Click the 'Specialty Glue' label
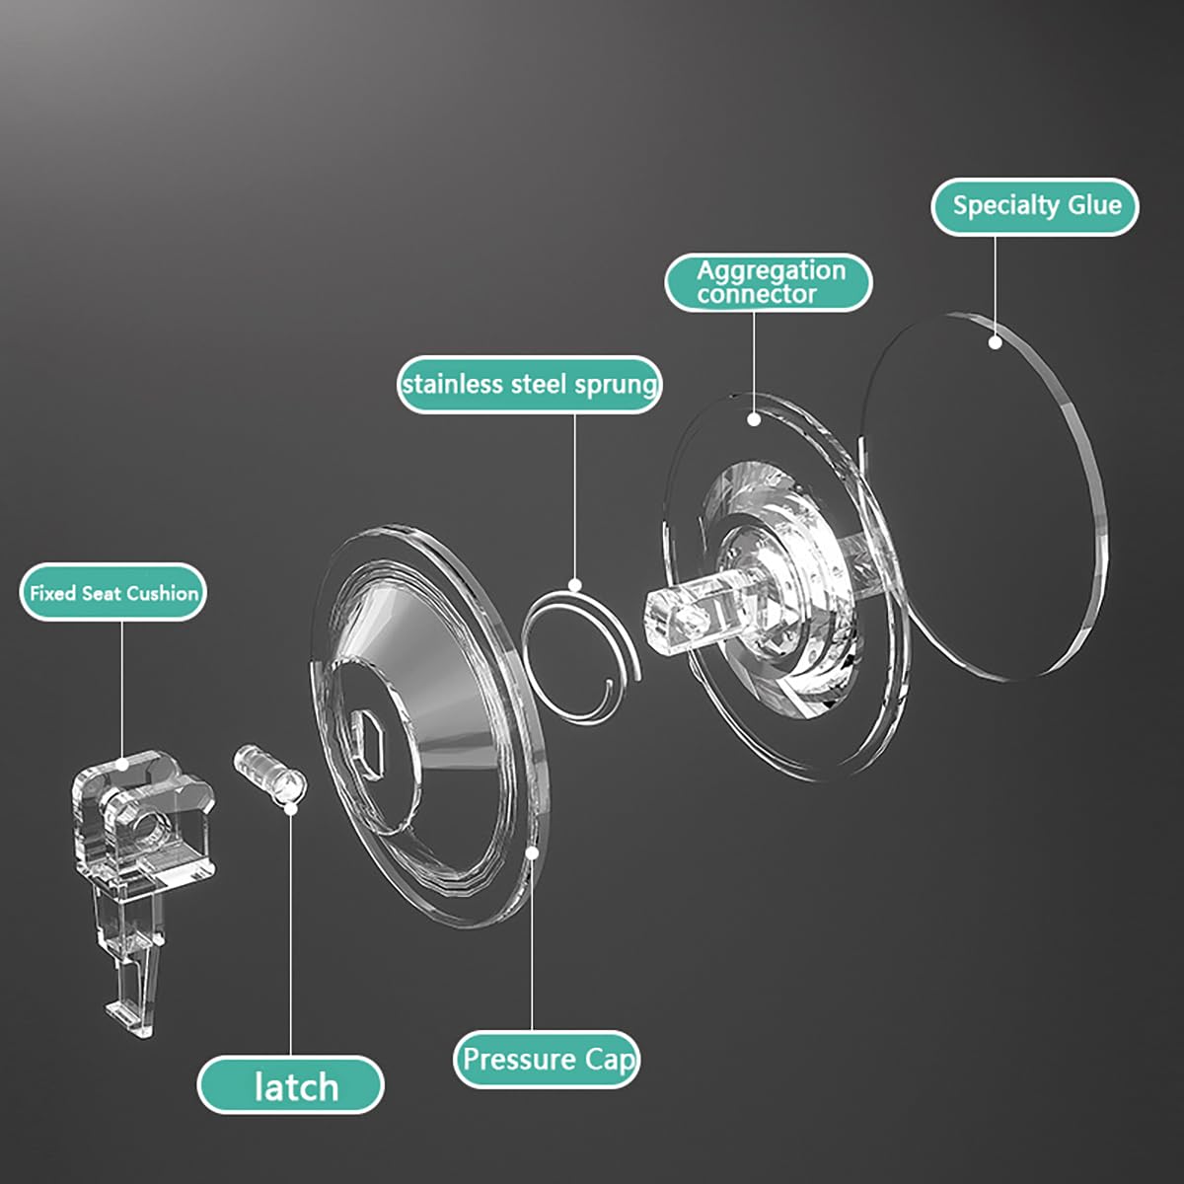tap(1035, 206)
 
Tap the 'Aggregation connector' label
tap(768, 282)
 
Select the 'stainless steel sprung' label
tap(529, 385)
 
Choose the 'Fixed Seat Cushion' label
tap(113, 593)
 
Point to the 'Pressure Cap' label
tap(547, 1060)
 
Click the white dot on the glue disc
tap(995, 342)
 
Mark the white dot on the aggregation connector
tap(754, 419)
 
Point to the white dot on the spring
tap(575, 584)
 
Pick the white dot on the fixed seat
tap(123, 765)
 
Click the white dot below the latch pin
tap(291, 808)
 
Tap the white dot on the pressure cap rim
tap(532, 853)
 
